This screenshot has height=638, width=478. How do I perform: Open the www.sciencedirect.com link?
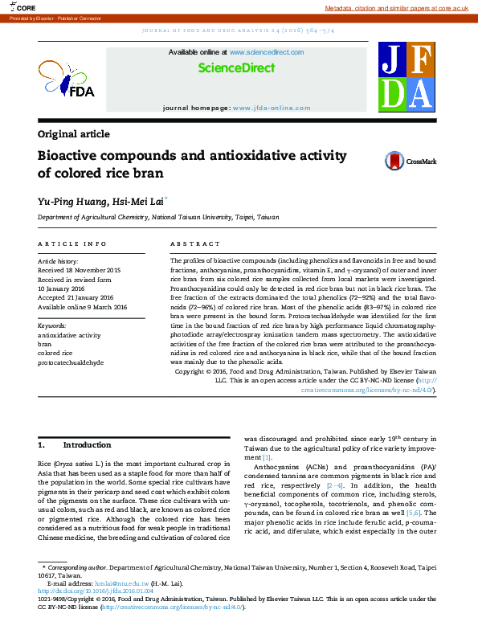[266, 52]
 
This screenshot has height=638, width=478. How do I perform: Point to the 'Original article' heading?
[74, 134]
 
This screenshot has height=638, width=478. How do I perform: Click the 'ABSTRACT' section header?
[194, 243]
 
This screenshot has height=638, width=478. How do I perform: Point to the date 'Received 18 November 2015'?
[80, 271]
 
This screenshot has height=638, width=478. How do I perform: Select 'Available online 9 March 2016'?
[83, 307]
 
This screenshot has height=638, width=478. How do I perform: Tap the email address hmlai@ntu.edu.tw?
[121, 584]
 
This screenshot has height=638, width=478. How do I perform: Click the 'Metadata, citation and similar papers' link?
[396, 7]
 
